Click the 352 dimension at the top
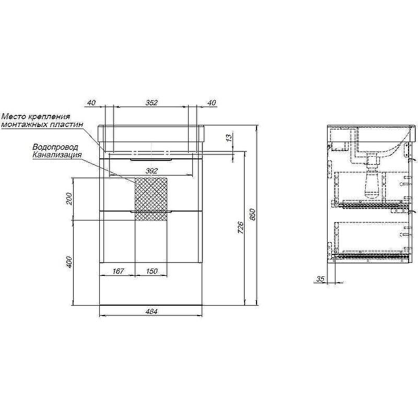coord(152,102)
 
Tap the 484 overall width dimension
coord(152,311)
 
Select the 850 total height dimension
coord(253,215)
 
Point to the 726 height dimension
coord(240,227)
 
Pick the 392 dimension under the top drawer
coord(152,171)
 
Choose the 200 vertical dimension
coord(69,199)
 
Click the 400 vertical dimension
coord(69,262)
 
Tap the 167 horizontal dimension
coord(118,271)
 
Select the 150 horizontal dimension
coord(152,271)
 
